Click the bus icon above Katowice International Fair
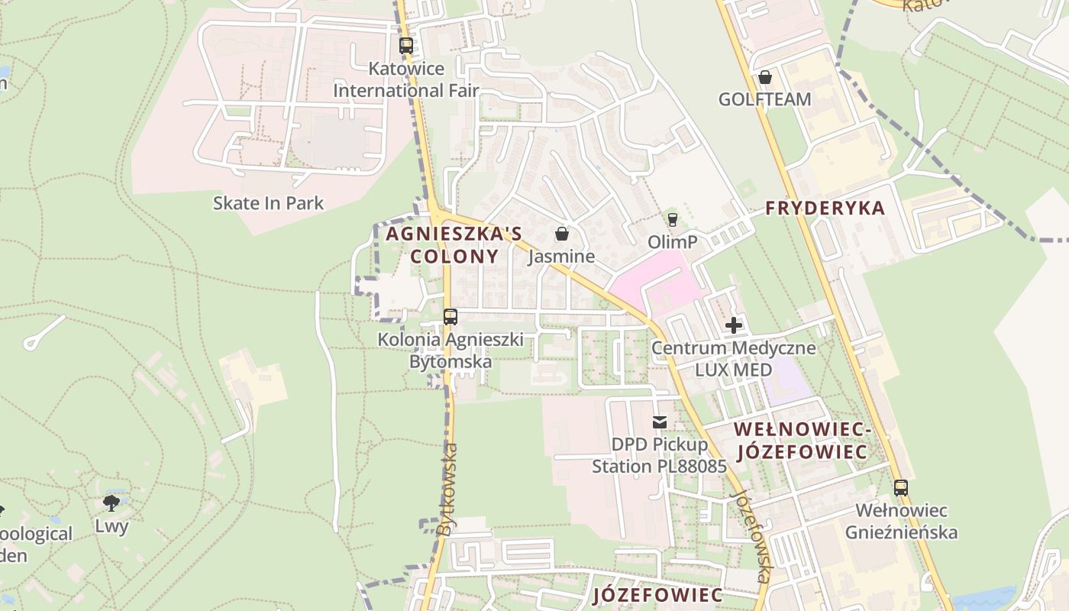pos(406,45)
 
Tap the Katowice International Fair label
pos(406,79)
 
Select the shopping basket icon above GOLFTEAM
pos(764,77)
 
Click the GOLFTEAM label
pos(764,99)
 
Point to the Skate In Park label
pos(268,203)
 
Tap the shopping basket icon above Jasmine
pos(562,234)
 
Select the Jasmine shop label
pos(562,257)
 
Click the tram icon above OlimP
pos(672,220)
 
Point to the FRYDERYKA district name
pos(825,208)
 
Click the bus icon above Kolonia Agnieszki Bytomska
pos(451,316)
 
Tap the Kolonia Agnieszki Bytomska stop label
pos(451,350)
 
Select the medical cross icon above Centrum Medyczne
pos(733,325)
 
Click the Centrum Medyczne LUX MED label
pos(733,359)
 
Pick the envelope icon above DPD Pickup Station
pos(660,422)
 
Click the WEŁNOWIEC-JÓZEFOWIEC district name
pos(802,441)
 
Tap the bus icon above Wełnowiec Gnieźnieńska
pos(901,487)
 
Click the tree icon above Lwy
pos(111,503)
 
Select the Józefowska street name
pos(753,535)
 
